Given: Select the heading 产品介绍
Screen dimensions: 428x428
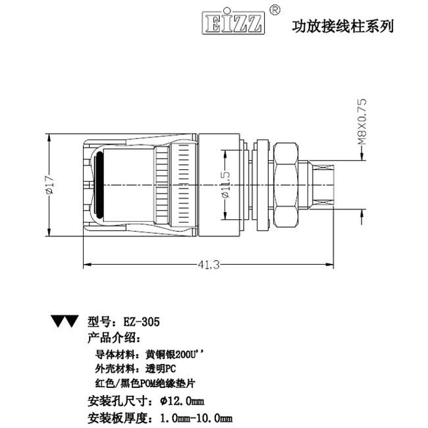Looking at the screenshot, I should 113,338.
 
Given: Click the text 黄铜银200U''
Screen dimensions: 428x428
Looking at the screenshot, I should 175,354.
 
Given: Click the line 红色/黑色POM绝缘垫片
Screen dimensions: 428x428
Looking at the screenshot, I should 146,383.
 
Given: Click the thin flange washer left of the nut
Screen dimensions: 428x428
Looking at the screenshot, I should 262,185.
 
